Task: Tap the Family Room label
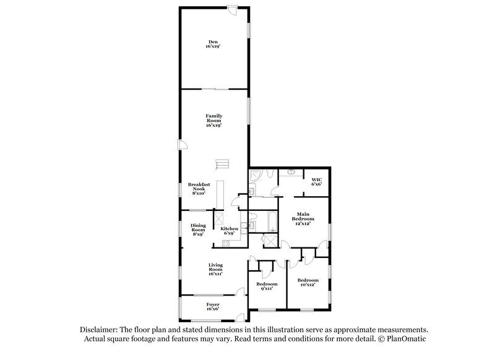click(x=213, y=120)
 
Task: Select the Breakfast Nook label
click(x=199, y=189)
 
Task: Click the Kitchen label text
click(x=228, y=231)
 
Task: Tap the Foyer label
click(x=213, y=307)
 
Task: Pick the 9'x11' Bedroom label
click(x=267, y=285)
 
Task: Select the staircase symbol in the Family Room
click(x=222, y=164)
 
